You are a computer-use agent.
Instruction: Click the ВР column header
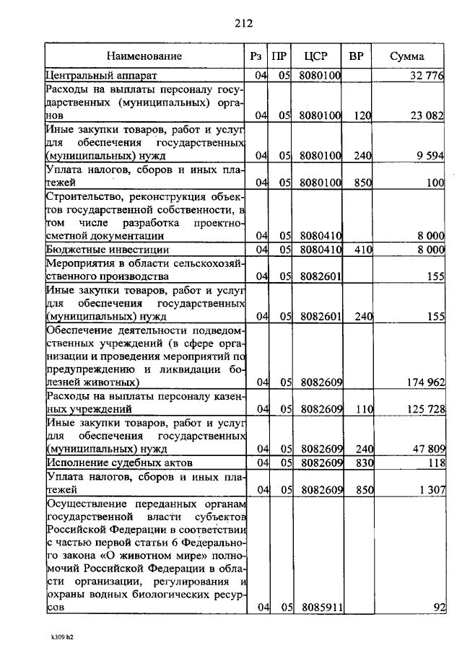pos(356,56)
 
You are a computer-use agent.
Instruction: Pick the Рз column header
pos(256,56)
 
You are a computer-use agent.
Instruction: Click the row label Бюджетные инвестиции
pos(103,250)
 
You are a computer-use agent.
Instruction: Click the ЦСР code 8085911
pos(321,608)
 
